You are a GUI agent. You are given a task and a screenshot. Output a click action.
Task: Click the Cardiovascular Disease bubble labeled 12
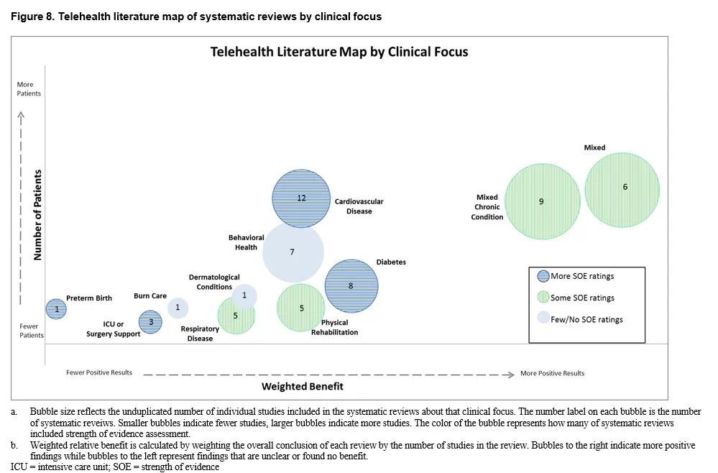pyautogui.click(x=301, y=198)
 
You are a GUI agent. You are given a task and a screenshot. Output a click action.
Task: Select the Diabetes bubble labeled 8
pyautogui.click(x=351, y=286)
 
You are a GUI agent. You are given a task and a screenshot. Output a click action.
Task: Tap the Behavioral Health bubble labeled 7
pyautogui.click(x=293, y=252)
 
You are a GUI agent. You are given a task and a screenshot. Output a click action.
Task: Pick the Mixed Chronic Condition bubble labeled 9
pyautogui.click(x=541, y=202)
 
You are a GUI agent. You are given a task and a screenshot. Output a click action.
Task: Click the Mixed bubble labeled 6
pyautogui.click(x=622, y=189)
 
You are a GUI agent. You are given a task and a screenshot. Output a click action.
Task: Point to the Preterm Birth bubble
pyautogui.click(x=56, y=308)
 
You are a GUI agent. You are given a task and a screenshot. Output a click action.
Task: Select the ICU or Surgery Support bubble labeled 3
pyautogui.click(x=150, y=322)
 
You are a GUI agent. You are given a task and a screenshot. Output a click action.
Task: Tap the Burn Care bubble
pyautogui.click(x=178, y=308)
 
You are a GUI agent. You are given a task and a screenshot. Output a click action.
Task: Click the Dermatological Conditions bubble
pyautogui.click(x=244, y=295)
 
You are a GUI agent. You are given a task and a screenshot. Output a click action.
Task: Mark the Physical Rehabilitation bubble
pyautogui.click(x=301, y=308)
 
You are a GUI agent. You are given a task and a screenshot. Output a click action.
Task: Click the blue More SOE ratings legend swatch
pyautogui.click(x=543, y=276)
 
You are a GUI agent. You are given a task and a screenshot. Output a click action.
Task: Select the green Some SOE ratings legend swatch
pyautogui.click(x=543, y=298)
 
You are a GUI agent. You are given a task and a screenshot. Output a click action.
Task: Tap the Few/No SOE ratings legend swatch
pyautogui.click(x=543, y=319)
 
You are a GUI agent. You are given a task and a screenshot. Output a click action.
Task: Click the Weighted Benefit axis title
pyautogui.click(x=302, y=386)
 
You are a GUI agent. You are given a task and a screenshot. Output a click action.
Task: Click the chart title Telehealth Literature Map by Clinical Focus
pyautogui.click(x=339, y=52)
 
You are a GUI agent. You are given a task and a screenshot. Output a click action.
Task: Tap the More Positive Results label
pyautogui.click(x=552, y=373)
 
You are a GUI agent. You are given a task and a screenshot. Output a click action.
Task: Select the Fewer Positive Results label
pyautogui.click(x=99, y=372)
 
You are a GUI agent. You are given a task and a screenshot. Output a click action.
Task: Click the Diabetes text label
pyautogui.click(x=391, y=262)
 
